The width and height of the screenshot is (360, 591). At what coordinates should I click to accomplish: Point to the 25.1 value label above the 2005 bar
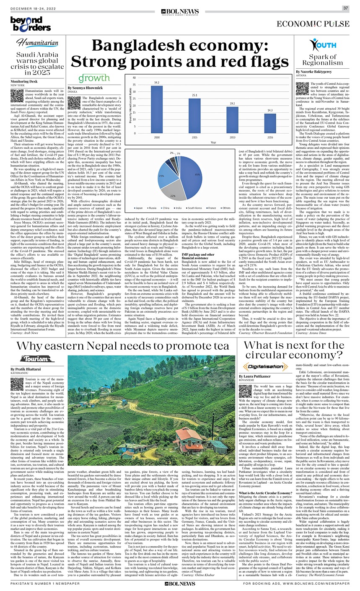194,96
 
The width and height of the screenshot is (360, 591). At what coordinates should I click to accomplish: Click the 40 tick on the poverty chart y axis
134,78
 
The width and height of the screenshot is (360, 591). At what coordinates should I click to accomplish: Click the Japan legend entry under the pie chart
139,208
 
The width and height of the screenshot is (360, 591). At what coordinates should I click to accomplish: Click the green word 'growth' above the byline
93,78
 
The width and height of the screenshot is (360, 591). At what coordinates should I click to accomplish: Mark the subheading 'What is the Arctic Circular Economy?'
264,482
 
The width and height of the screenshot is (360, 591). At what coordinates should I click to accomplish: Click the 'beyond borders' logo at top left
25,23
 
